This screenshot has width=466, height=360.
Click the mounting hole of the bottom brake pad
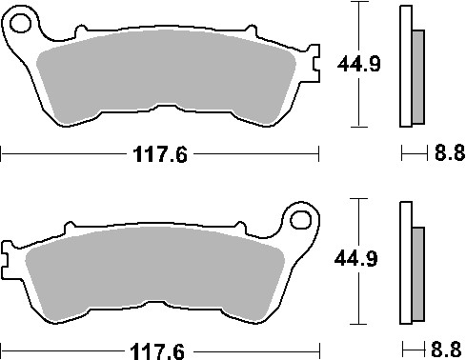click(x=302, y=222)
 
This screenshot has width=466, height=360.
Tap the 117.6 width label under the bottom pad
click(x=157, y=351)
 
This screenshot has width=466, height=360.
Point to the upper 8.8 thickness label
click(x=446, y=154)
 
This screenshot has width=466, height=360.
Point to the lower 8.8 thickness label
click(x=447, y=350)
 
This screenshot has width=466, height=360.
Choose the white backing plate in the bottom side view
click(x=406, y=262)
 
